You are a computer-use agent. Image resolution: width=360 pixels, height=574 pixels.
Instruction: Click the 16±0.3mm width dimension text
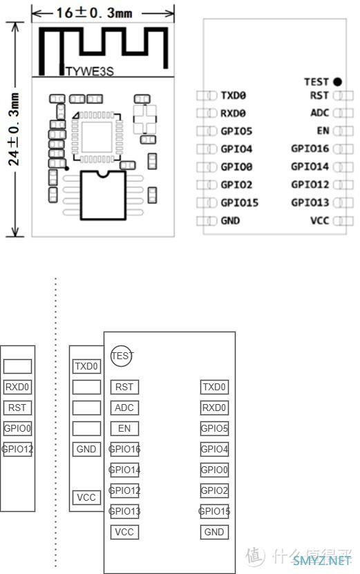tap(94, 13)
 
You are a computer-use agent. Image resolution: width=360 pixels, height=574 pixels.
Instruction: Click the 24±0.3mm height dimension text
tap(14, 129)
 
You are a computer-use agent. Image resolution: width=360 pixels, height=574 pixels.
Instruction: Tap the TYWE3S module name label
tap(90, 71)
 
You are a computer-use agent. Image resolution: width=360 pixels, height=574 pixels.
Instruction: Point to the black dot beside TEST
tap(337, 82)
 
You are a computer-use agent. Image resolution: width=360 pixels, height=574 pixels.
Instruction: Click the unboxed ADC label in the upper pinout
tap(320, 113)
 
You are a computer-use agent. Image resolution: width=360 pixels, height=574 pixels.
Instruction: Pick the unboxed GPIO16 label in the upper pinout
tap(310, 149)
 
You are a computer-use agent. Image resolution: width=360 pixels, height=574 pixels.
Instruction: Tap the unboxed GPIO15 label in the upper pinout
tap(240, 202)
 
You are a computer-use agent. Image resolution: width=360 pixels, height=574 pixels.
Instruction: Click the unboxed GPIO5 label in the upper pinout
tap(236, 131)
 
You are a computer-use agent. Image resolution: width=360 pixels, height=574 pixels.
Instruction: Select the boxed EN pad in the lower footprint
tap(124, 428)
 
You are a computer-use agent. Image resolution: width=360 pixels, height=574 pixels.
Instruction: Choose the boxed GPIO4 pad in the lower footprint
tap(214, 449)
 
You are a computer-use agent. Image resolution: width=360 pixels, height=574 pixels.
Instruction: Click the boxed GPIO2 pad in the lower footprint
tap(214, 490)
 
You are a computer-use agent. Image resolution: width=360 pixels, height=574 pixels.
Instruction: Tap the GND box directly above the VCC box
tap(86, 449)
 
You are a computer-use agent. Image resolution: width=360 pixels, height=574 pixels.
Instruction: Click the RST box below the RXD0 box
tap(17, 408)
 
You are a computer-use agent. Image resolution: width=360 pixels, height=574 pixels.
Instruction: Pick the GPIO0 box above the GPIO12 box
tap(17, 428)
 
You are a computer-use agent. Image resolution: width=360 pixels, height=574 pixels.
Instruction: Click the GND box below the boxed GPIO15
tap(214, 532)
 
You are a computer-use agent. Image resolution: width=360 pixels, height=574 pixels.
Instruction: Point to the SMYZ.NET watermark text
tap(322, 560)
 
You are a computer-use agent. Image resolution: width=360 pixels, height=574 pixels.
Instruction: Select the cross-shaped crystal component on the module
tap(144, 119)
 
